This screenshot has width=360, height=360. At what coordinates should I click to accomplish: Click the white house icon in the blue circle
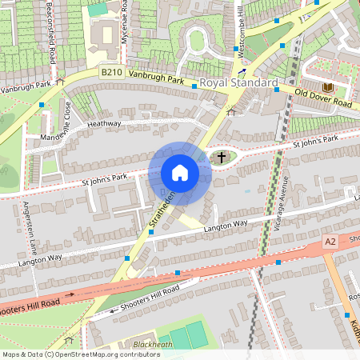coord(180,173)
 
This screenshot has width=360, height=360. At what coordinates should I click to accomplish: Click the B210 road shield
coord(111,73)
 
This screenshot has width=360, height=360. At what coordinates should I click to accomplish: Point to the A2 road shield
coord(330,241)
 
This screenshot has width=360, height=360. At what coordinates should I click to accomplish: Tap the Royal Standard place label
coord(238,83)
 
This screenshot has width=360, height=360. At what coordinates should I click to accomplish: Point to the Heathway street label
coord(104,124)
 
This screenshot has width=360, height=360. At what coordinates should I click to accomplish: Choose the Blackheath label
coord(152,345)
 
